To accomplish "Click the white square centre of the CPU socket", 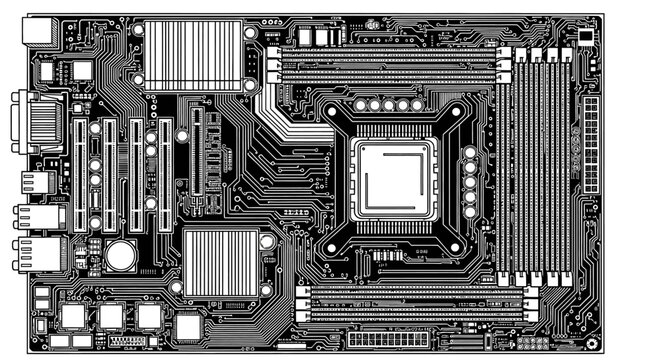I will [395, 176].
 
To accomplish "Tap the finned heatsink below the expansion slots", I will [220, 262].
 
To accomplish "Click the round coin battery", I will [121, 255].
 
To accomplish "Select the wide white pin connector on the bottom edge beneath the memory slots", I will [391, 340].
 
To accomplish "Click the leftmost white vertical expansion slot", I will [73, 175].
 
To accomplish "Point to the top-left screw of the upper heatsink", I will [137, 30].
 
